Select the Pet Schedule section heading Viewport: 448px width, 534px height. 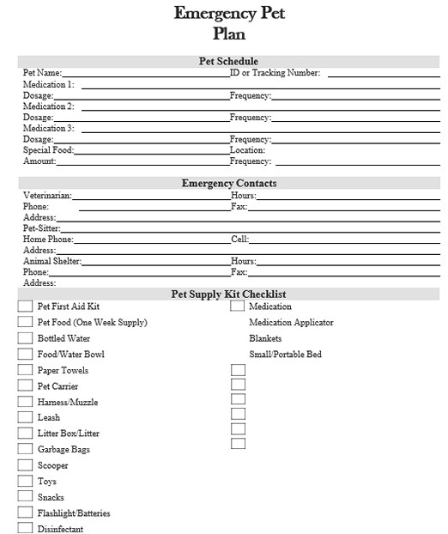tap(227, 61)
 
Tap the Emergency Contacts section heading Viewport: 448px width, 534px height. tap(228, 183)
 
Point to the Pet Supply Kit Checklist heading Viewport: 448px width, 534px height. tap(228, 294)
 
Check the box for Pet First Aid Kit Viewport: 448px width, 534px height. tap(25, 306)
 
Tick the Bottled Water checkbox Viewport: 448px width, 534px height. tap(25, 338)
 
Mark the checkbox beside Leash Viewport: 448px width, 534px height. tap(25, 417)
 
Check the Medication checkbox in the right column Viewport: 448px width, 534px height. tap(238, 306)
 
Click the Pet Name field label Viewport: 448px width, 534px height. tap(42, 73)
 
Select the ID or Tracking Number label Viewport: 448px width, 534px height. tap(275, 73)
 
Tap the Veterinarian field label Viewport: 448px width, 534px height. tap(47, 196)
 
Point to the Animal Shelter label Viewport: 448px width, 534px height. tap(52, 261)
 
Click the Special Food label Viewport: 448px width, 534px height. tap(48, 150)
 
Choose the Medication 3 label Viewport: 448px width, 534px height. tap(48, 128)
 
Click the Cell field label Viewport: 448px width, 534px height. tap(239, 240)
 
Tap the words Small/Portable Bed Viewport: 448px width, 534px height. tap(285, 354)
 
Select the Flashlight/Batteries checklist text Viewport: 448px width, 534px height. tap(74, 513)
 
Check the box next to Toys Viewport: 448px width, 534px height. tap(25, 482)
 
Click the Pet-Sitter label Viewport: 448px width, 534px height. tap(41, 228)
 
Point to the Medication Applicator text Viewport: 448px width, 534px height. tap(291, 323)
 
